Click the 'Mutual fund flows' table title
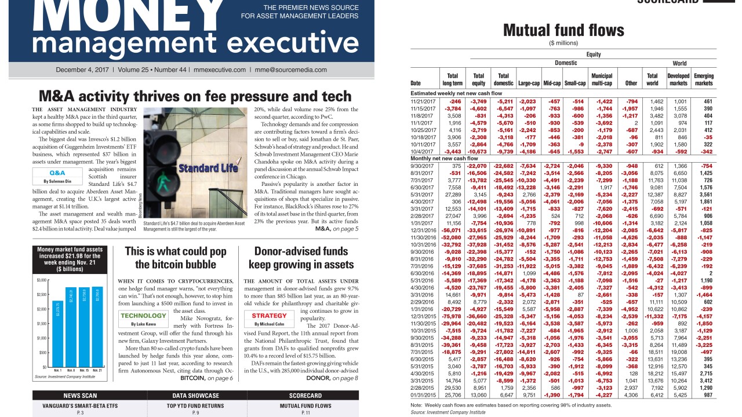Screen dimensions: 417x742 (563, 30)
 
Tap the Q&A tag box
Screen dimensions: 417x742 (57, 173)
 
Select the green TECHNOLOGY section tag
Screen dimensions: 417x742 (143, 316)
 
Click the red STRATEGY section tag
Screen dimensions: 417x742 (269, 316)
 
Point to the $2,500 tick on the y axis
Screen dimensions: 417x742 (42, 295)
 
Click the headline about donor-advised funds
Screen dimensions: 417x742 (301, 258)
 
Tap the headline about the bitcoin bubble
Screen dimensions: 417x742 (175, 258)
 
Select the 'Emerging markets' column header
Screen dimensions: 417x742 (704, 79)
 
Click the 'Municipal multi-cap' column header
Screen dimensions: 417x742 (602, 79)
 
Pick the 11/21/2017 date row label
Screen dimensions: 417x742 (422, 101)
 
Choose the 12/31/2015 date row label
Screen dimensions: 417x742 (423, 317)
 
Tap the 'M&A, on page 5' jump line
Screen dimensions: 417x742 (336, 229)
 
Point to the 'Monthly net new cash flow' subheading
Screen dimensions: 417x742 (444, 158)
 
